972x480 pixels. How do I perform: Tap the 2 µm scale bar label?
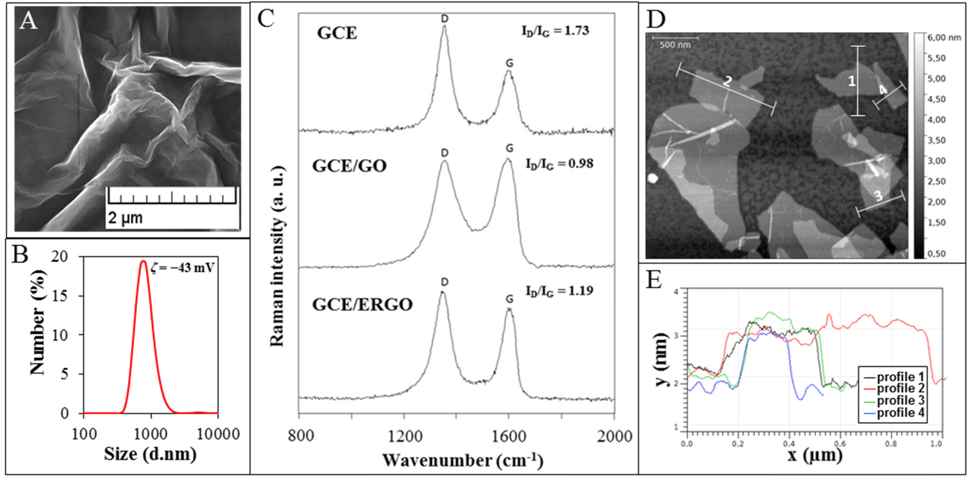pos(125,218)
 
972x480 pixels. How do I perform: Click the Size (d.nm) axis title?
pos(150,454)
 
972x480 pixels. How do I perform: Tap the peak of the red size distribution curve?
pos(143,261)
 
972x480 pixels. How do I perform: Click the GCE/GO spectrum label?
pos(349,166)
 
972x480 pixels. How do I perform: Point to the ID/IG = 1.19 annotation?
pos(559,291)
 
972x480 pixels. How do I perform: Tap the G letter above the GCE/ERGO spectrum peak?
pos(509,299)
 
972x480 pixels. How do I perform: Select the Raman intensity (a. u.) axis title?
pos(277,256)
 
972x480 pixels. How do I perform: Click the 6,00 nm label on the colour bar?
pos(944,38)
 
